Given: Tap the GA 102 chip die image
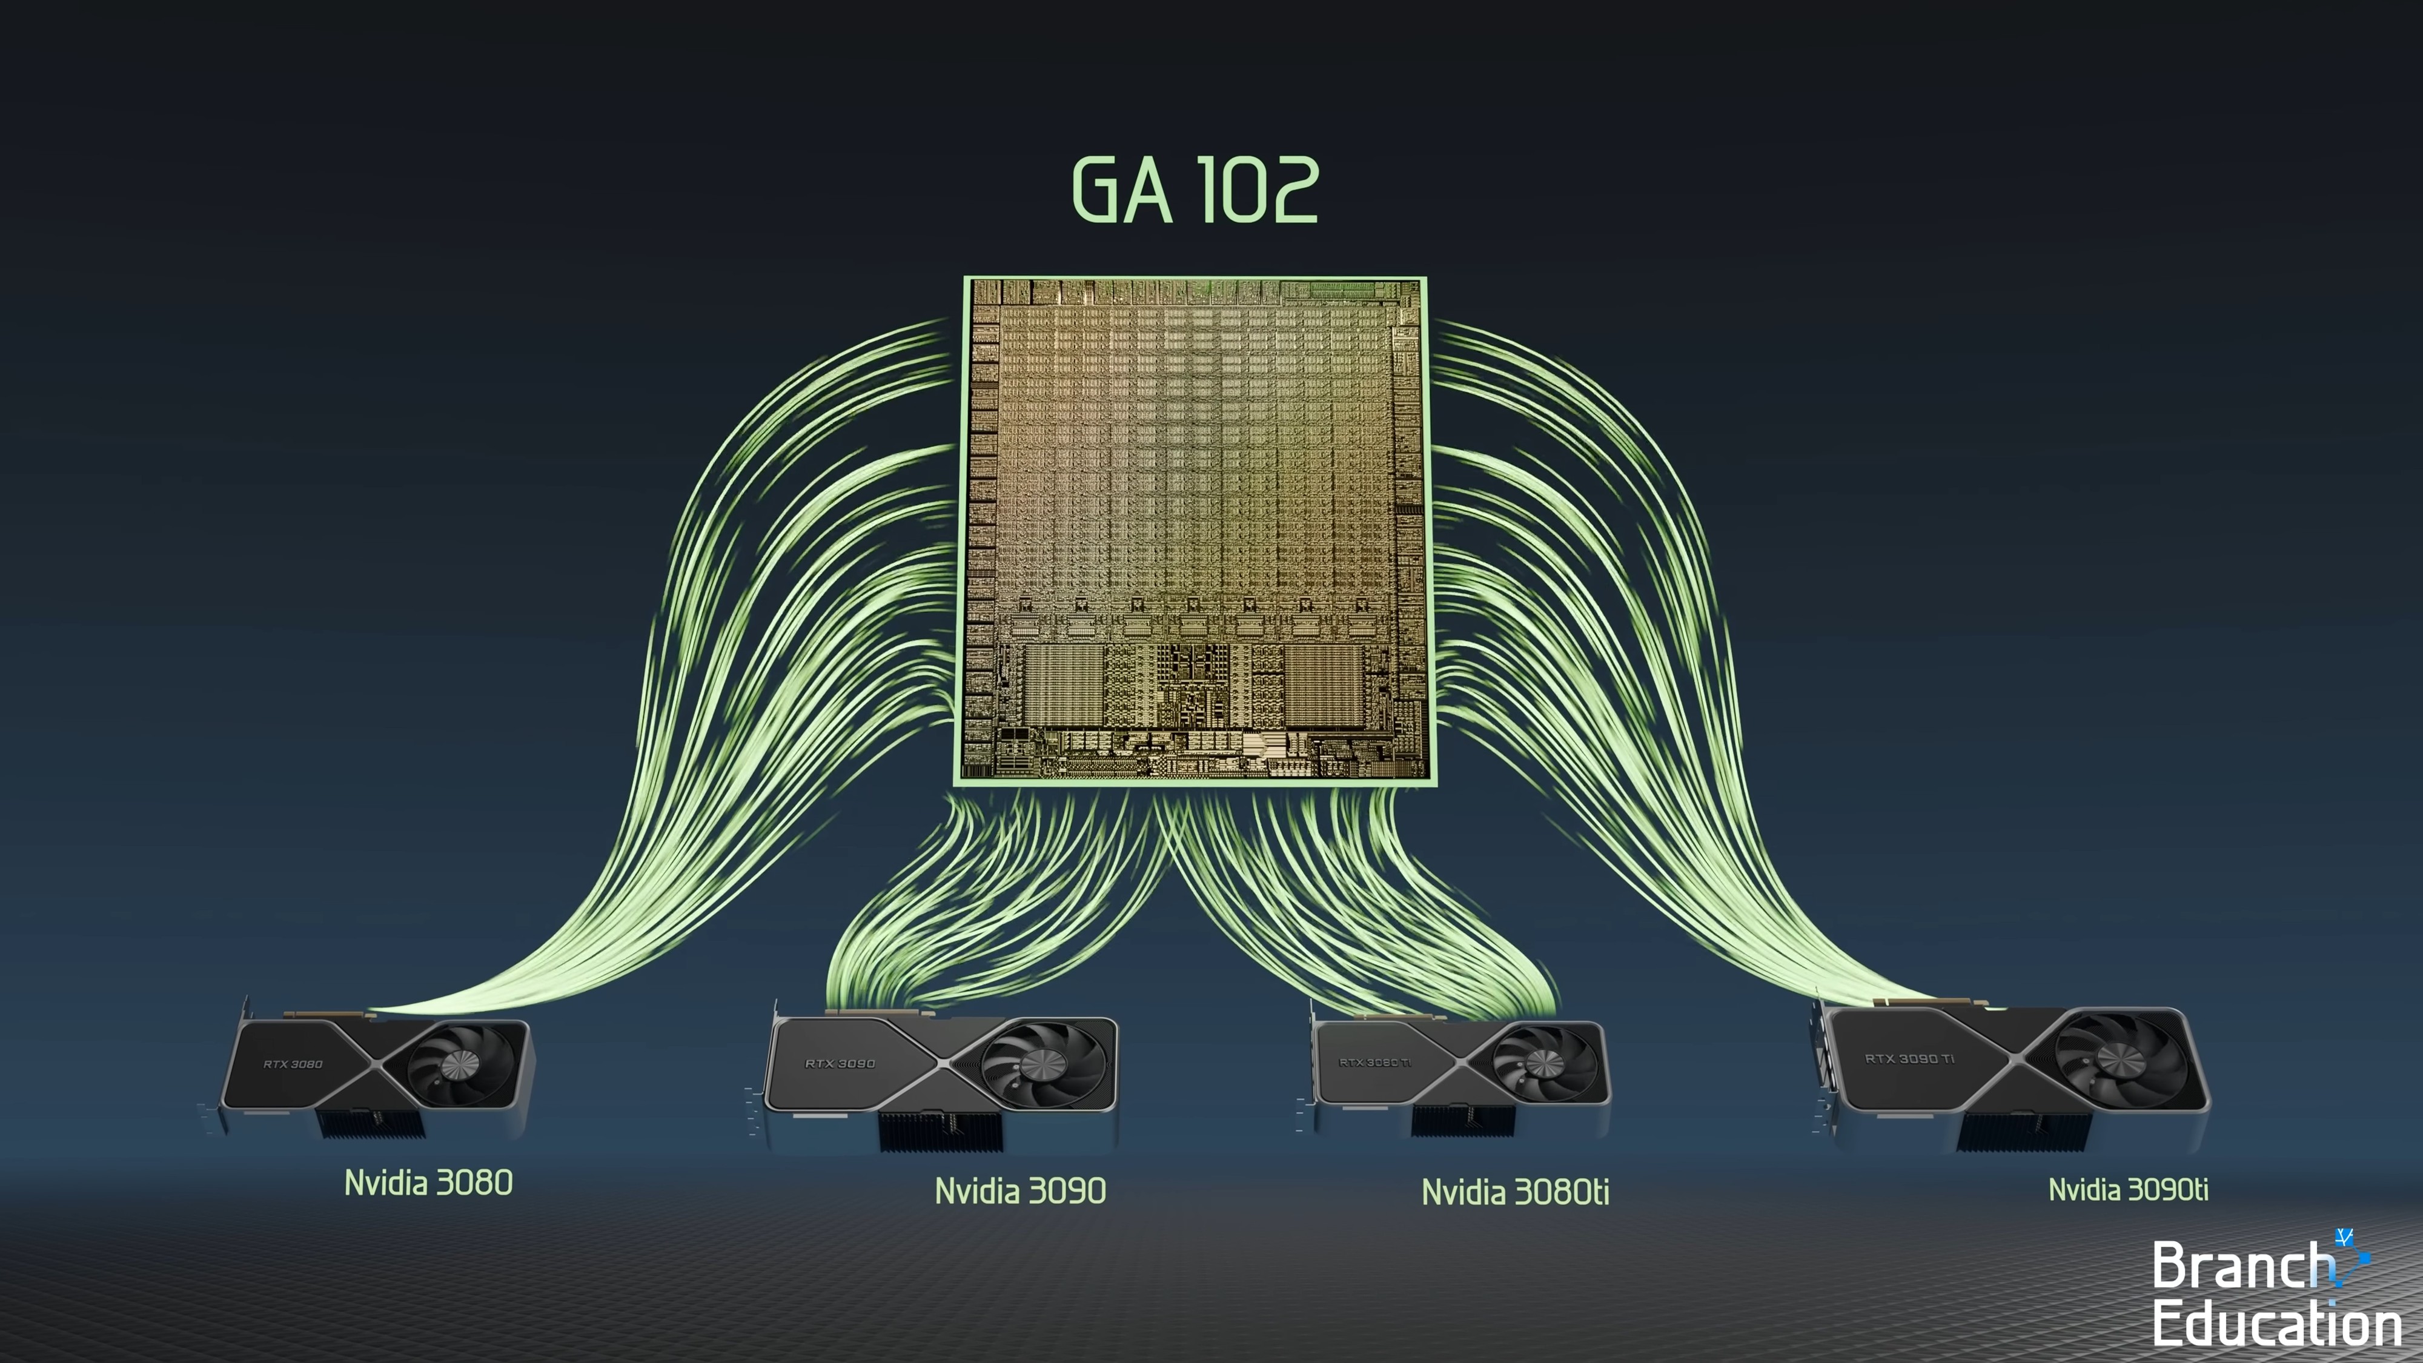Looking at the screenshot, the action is pos(1193,529).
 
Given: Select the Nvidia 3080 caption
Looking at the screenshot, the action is pos(428,1182).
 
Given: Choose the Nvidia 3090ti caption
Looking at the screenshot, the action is pos(2127,1189).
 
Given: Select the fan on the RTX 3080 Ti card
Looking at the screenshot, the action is pos(1543,1063).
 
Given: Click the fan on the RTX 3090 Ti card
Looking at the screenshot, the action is pos(2121,1059).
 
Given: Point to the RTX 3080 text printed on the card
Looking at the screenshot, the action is pos(293,1064).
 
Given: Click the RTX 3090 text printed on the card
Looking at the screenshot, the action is pos(839,1063).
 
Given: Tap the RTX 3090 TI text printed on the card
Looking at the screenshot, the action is pos(1909,1058).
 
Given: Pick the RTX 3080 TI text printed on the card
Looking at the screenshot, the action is pos(1374,1062).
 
